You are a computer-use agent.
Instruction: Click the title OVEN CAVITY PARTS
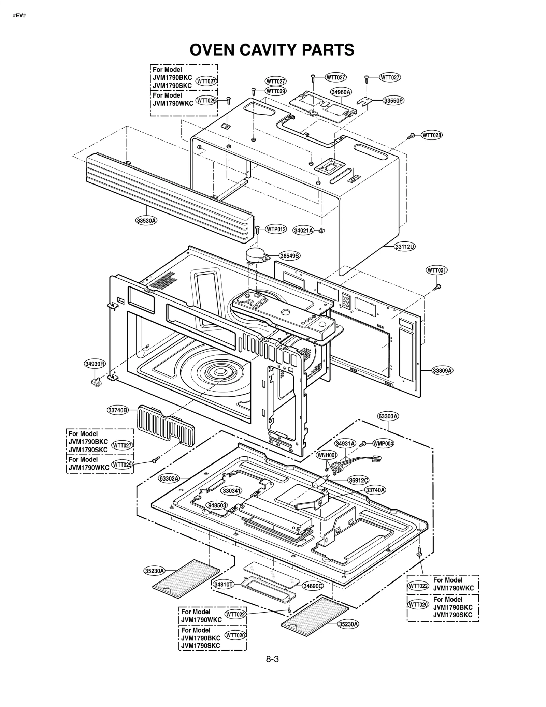tap(272, 50)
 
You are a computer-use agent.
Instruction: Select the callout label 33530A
tap(146, 220)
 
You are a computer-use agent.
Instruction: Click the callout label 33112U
tap(405, 246)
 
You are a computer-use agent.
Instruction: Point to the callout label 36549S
tap(290, 255)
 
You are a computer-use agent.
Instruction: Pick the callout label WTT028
tap(432, 135)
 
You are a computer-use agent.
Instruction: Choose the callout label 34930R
tap(95, 364)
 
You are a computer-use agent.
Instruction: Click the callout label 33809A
tap(443, 370)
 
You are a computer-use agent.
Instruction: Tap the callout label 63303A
tap(388, 416)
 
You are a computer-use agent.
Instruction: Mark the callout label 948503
tap(217, 505)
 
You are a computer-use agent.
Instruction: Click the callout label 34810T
tap(224, 584)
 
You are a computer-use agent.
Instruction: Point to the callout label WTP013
tap(276, 229)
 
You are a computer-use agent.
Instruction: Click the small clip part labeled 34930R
tap(96, 381)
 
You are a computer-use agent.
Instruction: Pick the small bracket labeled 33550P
tap(364, 101)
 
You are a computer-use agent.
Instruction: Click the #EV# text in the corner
tap(19, 16)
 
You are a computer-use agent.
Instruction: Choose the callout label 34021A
tap(303, 231)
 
